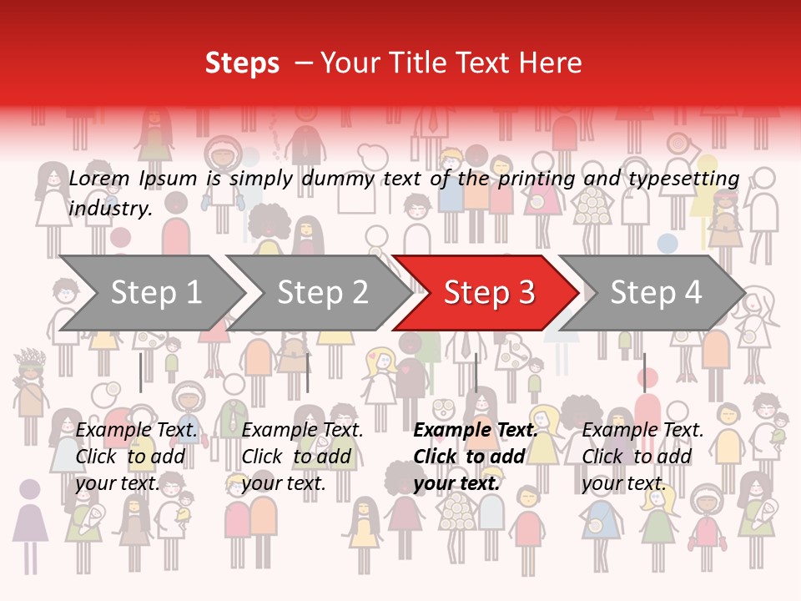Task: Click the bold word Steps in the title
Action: tap(242, 63)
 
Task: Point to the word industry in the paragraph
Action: tap(108, 209)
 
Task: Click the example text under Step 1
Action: tap(137, 456)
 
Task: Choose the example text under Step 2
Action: tap(302, 456)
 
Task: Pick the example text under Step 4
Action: tap(642, 456)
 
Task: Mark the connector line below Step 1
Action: tap(141, 372)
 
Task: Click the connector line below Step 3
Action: tap(476, 372)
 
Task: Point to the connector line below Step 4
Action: tap(644, 372)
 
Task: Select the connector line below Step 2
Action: tap(308, 372)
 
